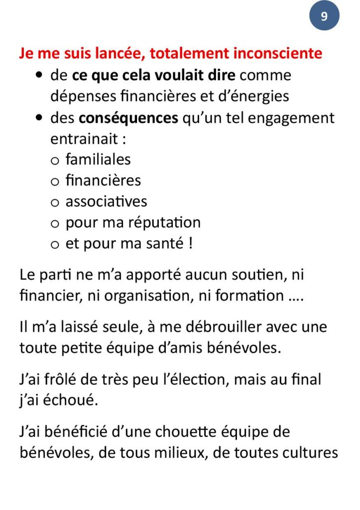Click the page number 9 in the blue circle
point(324,16)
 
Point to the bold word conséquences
point(128,118)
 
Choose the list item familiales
point(98,159)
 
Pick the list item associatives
point(106,201)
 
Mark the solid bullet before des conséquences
point(39,119)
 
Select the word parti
point(59,274)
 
